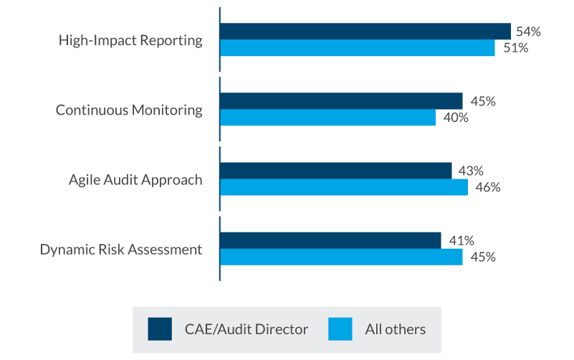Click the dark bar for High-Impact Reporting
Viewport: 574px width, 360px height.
365,32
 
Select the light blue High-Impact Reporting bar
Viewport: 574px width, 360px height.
357,48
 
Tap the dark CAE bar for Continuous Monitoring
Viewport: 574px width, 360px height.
341,101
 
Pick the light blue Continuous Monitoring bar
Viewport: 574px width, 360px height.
327,118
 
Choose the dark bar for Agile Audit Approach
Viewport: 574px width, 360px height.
335,171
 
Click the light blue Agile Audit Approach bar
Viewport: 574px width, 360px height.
343,187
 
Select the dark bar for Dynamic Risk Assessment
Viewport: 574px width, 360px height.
330,240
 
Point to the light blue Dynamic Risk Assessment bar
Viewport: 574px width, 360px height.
341,257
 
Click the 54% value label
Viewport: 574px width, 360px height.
527,32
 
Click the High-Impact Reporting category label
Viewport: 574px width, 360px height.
130,40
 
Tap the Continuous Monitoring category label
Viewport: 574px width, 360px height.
129,110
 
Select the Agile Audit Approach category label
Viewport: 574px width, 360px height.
135,179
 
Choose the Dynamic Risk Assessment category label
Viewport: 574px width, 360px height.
121,250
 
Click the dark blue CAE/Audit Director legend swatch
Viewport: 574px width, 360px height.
160,329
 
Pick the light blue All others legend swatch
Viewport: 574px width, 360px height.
340,329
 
